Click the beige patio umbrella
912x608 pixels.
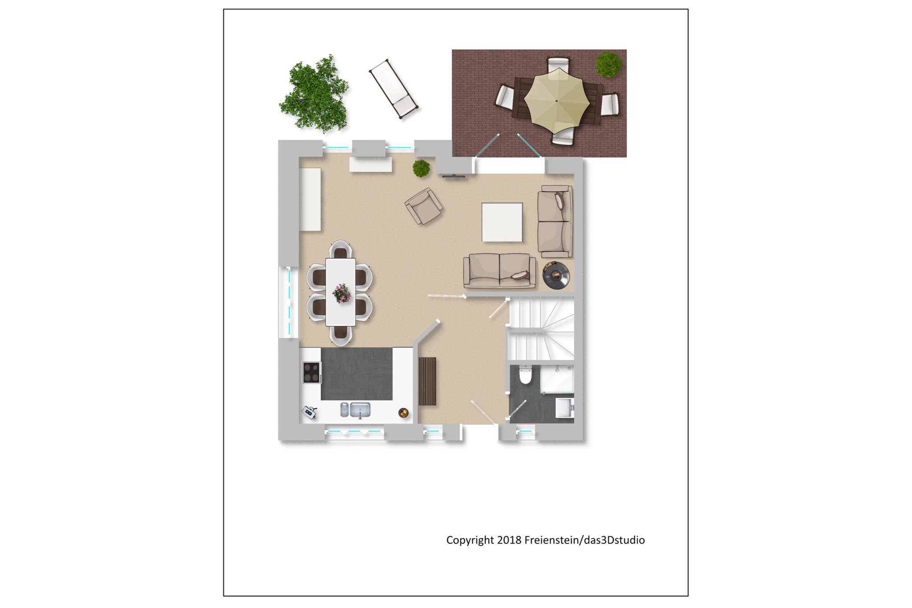pyautogui.click(x=556, y=101)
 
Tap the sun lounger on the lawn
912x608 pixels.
pyautogui.click(x=393, y=89)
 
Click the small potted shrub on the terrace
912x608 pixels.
pyautogui.click(x=609, y=64)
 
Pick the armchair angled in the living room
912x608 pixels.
pyautogui.click(x=423, y=205)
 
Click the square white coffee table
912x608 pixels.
pyautogui.click(x=502, y=222)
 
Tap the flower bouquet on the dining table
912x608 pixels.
pyautogui.click(x=342, y=293)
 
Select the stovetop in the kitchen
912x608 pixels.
pyautogui.click(x=312, y=372)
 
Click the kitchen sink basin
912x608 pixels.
pyautogui.click(x=360, y=410)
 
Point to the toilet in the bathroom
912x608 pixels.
pyautogui.click(x=525, y=375)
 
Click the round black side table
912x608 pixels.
pyautogui.click(x=556, y=275)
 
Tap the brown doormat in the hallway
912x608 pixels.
pyautogui.click(x=427, y=381)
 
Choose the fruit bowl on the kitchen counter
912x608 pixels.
pyautogui.click(x=403, y=413)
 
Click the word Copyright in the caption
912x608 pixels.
pyautogui.click(x=470, y=540)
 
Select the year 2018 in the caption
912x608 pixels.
pyautogui.click(x=509, y=540)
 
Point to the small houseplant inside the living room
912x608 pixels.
pyautogui.click(x=421, y=168)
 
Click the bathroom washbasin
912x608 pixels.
pyautogui.click(x=565, y=407)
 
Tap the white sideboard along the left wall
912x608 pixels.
pyautogui.click(x=310, y=199)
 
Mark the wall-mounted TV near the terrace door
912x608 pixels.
pyautogui.click(x=454, y=176)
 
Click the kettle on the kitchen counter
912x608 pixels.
pyautogui.click(x=309, y=413)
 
